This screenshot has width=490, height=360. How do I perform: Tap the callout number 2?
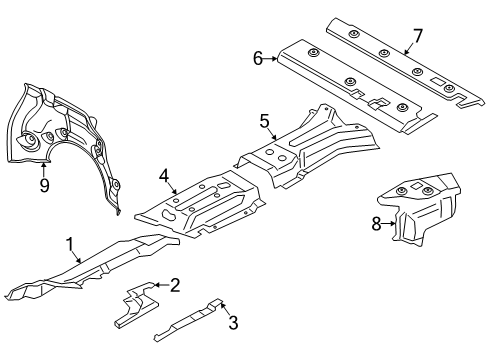[174, 286]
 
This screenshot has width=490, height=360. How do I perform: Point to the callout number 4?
[163, 176]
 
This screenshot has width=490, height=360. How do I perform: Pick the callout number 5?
[265, 121]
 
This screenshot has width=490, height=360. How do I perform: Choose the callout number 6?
[258, 59]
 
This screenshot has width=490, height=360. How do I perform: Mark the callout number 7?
[417, 35]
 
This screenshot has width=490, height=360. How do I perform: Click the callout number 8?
[377, 224]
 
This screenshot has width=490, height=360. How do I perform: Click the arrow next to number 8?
[390, 225]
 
